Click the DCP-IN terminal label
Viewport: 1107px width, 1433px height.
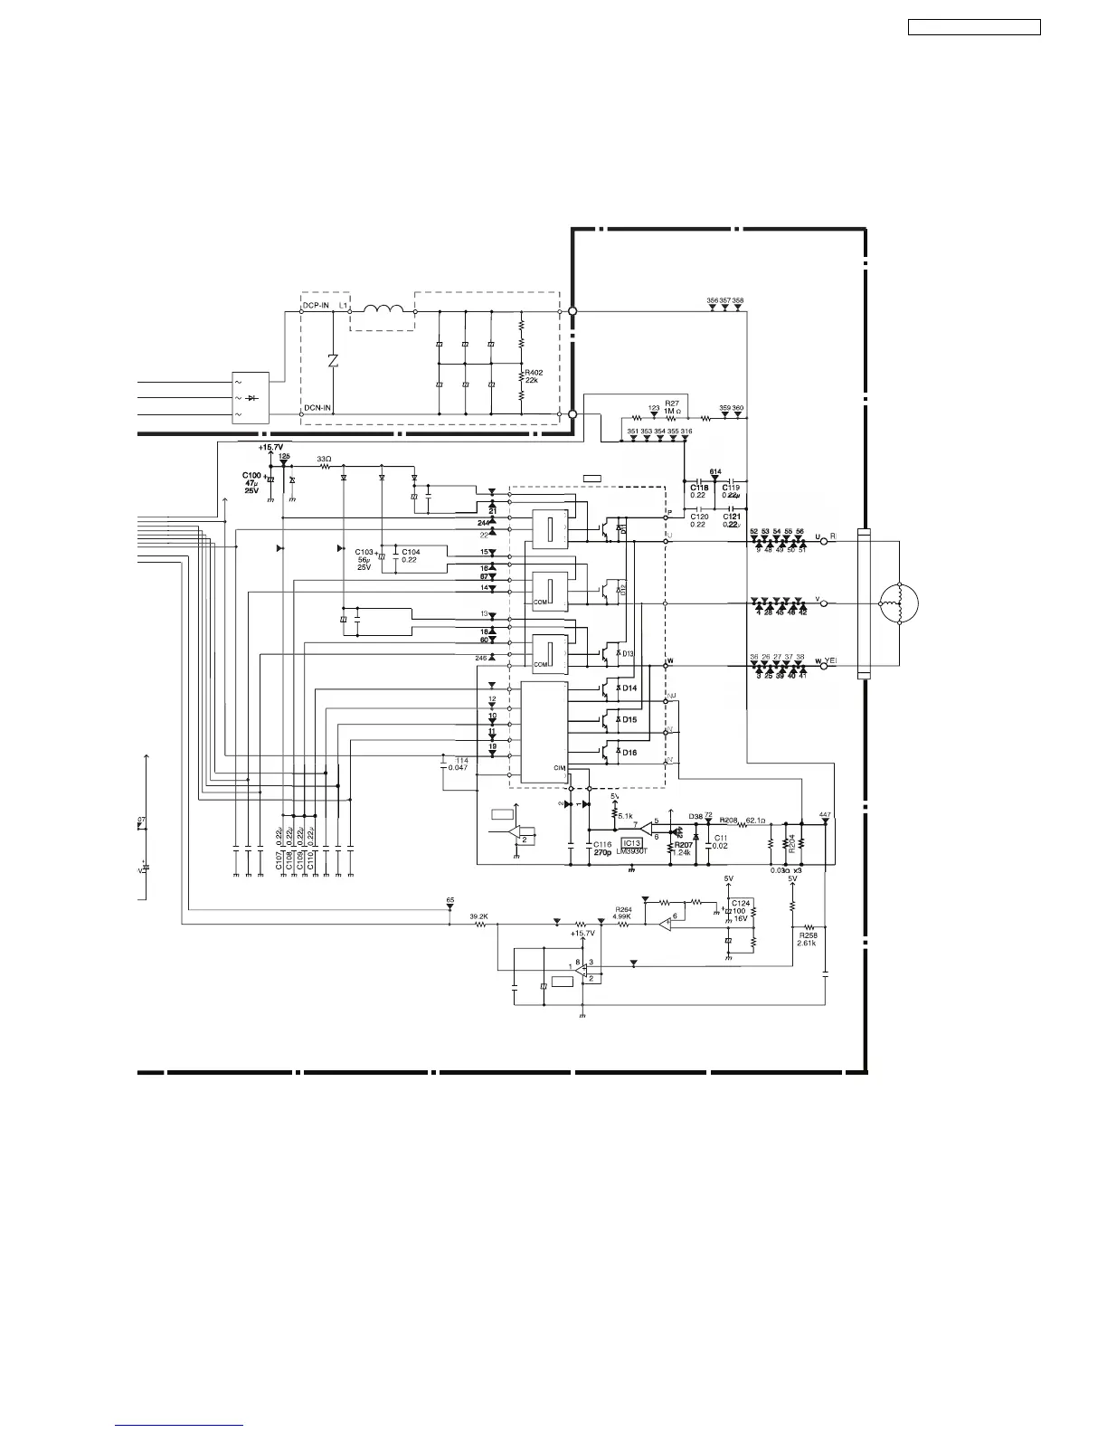tap(317, 306)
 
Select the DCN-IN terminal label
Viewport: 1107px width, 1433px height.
tap(317, 407)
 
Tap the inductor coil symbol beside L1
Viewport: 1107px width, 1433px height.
tap(383, 310)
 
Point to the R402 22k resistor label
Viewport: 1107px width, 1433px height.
tap(534, 376)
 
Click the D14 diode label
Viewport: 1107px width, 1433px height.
tap(629, 688)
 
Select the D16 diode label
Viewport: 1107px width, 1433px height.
tap(629, 752)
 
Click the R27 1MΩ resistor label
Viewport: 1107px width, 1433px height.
tap(672, 407)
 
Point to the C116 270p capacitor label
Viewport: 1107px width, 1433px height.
tap(603, 848)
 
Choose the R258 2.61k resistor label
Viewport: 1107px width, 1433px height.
tap(808, 938)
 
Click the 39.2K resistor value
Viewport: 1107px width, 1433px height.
tap(478, 916)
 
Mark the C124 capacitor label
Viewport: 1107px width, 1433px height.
tap(741, 903)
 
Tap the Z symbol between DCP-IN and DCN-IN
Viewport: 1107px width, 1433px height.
tap(333, 360)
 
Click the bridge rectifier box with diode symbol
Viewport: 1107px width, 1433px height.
tap(251, 397)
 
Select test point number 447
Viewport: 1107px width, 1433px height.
tap(824, 815)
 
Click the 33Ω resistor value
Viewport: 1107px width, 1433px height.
tap(324, 460)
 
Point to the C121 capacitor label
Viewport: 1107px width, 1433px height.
tap(732, 516)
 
